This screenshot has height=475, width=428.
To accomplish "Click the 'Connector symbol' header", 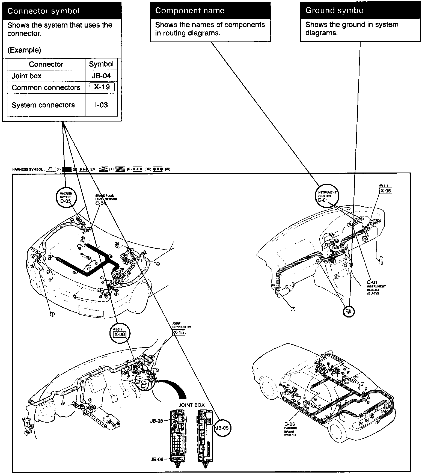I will pyautogui.click(x=44, y=11).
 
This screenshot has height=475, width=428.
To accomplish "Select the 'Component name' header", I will pyautogui.click(x=190, y=11).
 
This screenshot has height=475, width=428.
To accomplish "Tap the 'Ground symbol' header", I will pyautogui.click(x=335, y=10).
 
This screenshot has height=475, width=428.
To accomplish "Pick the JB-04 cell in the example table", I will pyautogui.click(x=101, y=76).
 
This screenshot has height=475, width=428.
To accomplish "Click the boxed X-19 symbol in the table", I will pyautogui.click(x=102, y=87).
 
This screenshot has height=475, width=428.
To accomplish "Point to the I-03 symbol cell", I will pyautogui.click(x=101, y=105).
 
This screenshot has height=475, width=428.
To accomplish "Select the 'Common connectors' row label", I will pyautogui.click(x=46, y=88).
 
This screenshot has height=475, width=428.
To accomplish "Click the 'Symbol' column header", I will pyautogui.click(x=101, y=64).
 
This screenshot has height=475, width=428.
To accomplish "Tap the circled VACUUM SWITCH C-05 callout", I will pyautogui.click(x=66, y=197).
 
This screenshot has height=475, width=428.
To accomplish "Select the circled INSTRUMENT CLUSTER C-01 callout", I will pyautogui.click(x=327, y=196).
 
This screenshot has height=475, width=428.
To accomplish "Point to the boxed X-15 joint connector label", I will pyautogui.click(x=179, y=332).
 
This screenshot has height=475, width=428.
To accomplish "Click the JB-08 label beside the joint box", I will pyautogui.click(x=157, y=421).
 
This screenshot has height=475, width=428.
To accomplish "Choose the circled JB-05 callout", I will pyautogui.click(x=222, y=428).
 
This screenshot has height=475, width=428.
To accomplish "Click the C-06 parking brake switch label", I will pyautogui.click(x=290, y=424).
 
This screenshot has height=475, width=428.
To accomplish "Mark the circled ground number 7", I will pyautogui.click(x=293, y=309).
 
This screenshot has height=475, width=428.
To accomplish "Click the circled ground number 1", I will pyautogui.click(x=52, y=314).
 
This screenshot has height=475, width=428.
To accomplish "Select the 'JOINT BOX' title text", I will pyautogui.click(x=191, y=405).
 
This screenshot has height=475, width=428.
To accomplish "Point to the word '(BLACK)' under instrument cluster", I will pyautogui.click(x=373, y=293).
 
